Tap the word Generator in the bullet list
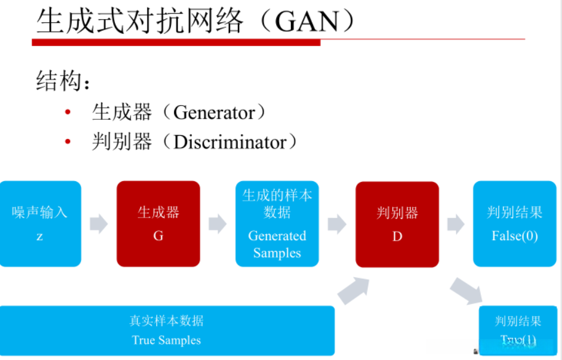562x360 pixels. tap(214, 112)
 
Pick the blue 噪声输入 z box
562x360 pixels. tap(40, 224)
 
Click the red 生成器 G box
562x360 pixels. tap(158, 224)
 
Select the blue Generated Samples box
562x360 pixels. tap(277, 224)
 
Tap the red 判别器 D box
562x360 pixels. tap(397, 224)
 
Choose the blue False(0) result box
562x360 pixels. tap(515, 224)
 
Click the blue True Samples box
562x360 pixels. tap(167, 331)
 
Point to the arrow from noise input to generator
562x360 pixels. tap(98, 224)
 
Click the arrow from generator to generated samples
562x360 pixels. tap(218, 224)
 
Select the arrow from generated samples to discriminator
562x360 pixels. tap(337, 224)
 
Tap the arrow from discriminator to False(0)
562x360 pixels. tap(456, 224)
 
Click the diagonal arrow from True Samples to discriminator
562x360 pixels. tap(354, 289)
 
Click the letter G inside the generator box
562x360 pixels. tap(158, 235)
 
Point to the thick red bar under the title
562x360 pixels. tap(176, 42)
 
